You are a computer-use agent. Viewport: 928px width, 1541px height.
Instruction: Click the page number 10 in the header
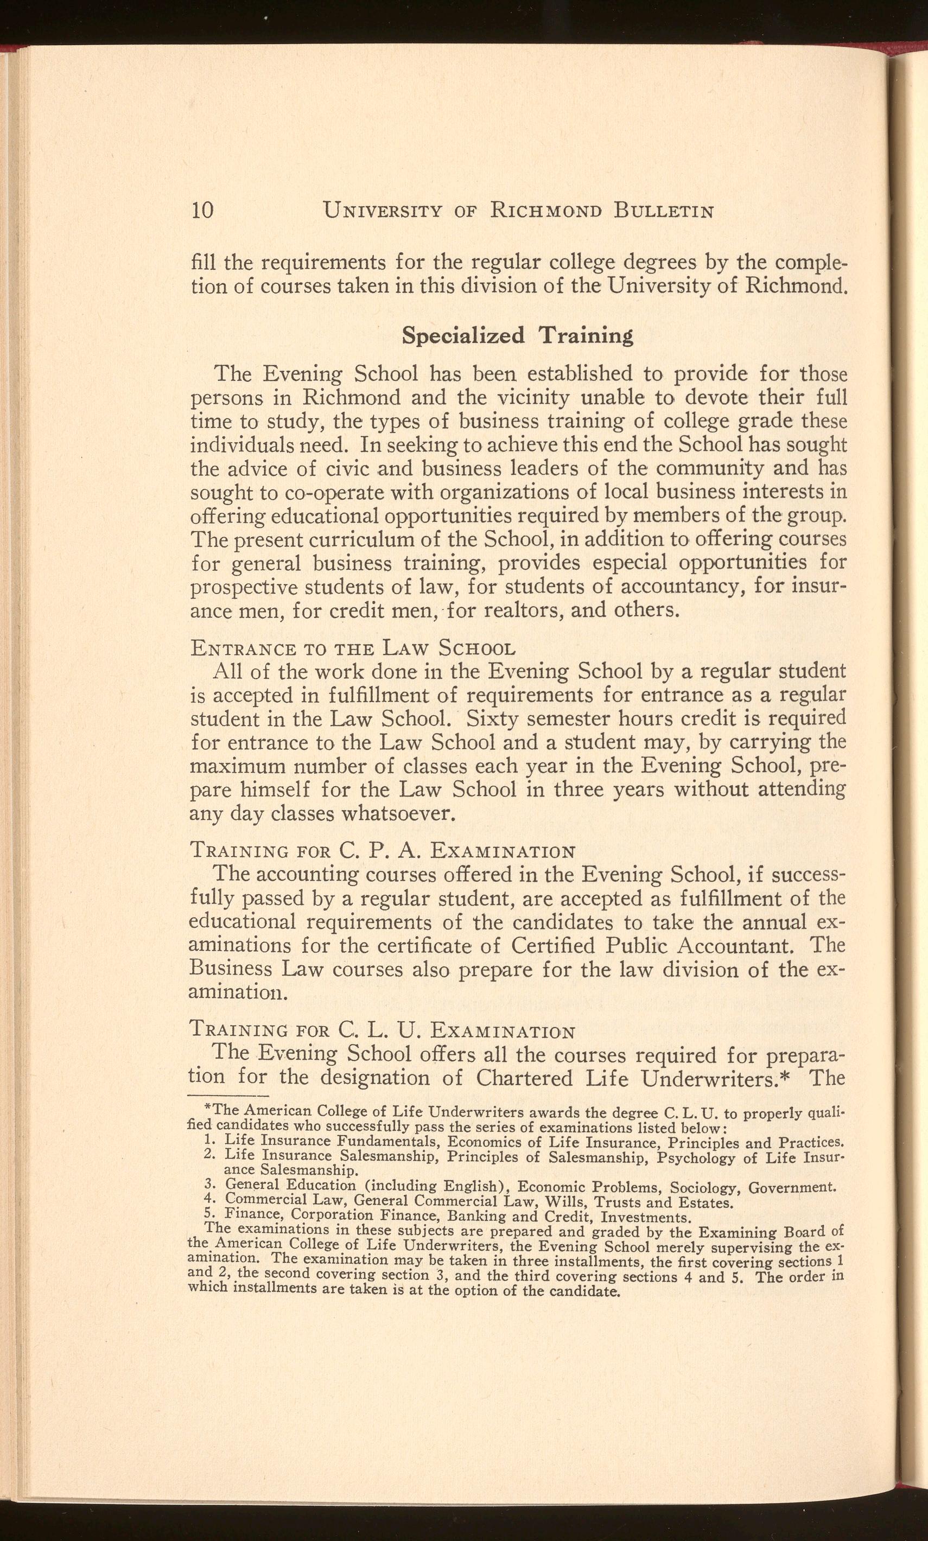click(202, 210)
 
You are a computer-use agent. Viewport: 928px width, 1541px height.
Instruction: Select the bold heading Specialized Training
click(517, 336)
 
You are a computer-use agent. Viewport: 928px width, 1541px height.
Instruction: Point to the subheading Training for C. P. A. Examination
click(382, 851)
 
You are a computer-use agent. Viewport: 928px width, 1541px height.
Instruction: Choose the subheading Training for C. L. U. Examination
click(382, 1030)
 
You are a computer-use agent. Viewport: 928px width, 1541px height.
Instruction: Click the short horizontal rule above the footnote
click(227, 1097)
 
